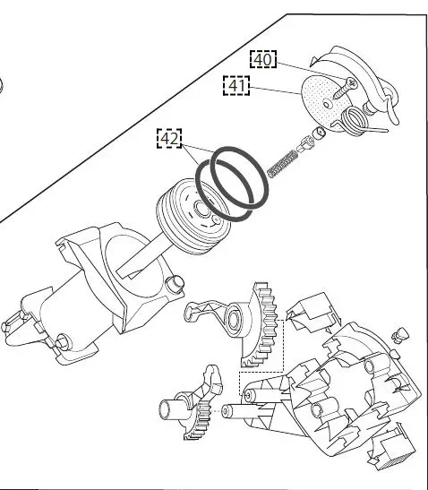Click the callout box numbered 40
263,59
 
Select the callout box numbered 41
236,85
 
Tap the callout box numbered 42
169,138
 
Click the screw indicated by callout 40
345,89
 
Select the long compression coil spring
282,164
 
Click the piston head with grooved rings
193,216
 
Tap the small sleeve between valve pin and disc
320,133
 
